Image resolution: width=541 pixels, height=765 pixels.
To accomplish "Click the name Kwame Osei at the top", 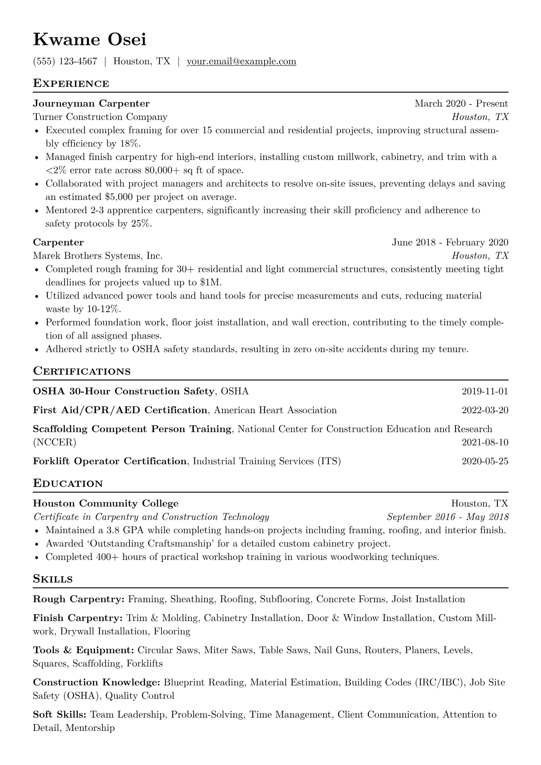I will (x=90, y=40).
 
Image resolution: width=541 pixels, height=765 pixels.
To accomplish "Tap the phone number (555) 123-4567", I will (x=65, y=61).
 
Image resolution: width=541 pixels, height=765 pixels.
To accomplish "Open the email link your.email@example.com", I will (x=241, y=61).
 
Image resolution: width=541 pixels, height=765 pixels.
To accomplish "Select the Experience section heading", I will (x=71, y=84).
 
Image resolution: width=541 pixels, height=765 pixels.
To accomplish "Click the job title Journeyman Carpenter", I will (x=91, y=104).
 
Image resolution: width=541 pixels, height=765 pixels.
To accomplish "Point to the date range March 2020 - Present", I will (x=461, y=104).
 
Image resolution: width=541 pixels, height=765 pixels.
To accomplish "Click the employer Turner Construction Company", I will (x=100, y=117).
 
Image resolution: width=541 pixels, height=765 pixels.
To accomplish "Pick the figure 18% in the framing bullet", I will (x=130, y=144).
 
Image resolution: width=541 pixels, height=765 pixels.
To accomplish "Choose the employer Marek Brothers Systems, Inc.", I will (x=98, y=255).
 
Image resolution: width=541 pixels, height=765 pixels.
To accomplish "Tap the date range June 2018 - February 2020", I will (x=450, y=242).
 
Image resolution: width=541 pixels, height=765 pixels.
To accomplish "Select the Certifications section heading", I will (x=82, y=371).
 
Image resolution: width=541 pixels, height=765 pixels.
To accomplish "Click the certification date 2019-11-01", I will (x=485, y=391).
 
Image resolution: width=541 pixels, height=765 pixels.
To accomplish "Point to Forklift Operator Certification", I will (x=110, y=461).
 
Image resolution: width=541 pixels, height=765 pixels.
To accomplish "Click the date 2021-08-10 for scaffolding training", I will (x=485, y=442).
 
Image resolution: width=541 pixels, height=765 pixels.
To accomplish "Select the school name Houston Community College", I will (x=106, y=504).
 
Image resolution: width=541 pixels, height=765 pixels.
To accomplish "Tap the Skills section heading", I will (x=53, y=579).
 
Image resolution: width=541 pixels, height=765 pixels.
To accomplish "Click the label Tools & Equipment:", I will (x=83, y=650).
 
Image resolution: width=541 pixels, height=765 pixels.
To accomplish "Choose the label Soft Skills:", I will (x=60, y=715).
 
